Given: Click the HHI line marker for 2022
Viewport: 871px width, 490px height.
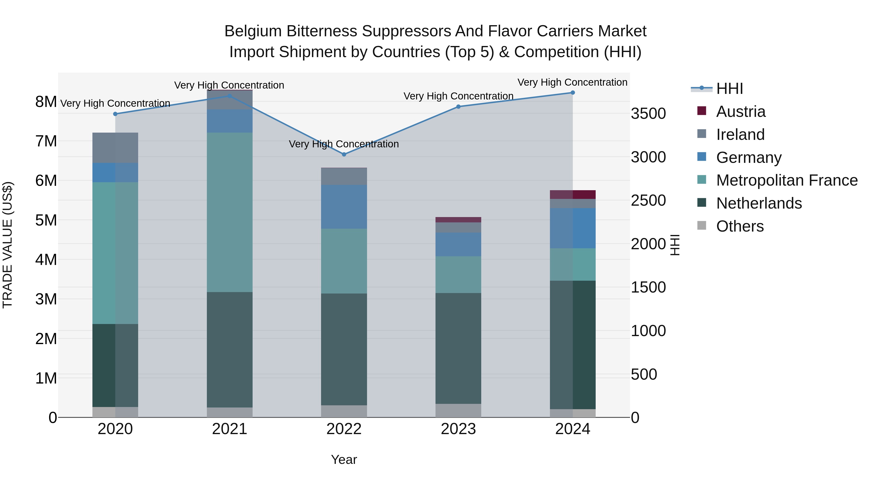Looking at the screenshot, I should [x=344, y=154].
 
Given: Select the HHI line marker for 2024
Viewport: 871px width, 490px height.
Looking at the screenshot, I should [x=572, y=92].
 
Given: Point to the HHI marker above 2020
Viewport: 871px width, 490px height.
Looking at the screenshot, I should [x=115, y=114].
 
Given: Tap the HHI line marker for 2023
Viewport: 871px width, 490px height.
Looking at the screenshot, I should [x=458, y=106].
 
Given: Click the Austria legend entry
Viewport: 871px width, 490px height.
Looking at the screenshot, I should [x=741, y=112].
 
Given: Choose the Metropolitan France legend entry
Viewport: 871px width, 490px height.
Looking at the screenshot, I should [x=787, y=180].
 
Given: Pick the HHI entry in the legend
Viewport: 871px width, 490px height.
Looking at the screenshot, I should [x=729, y=89].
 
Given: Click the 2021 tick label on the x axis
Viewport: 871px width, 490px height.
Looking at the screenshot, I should [x=230, y=429].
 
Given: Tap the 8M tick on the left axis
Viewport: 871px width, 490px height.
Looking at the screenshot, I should [x=46, y=101].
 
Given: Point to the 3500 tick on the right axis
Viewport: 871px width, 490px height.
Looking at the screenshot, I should [x=648, y=114].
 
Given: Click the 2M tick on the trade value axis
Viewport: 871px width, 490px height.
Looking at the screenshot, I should [x=46, y=339].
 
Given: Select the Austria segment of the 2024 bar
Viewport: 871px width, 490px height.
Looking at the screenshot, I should [x=572, y=195].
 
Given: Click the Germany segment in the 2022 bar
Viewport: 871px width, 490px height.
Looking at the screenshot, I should [x=344, y=207].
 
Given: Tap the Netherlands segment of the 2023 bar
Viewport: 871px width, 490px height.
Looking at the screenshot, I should [x=458, y=348].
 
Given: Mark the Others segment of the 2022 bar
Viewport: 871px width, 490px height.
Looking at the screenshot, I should [x=344, y=411].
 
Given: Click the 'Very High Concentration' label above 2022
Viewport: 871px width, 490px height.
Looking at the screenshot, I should [x=344, y=144].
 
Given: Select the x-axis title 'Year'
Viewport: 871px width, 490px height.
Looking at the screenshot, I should [x=344, y=460].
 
